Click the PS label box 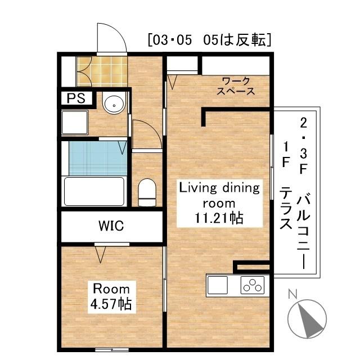click(x=75, y=98)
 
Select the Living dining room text click(x=219, y=195)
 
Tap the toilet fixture click(x=147, y=191)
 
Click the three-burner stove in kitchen click(x=253, y=285)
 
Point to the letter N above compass click(x=292, y=294)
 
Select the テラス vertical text click(x=286, y=208)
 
